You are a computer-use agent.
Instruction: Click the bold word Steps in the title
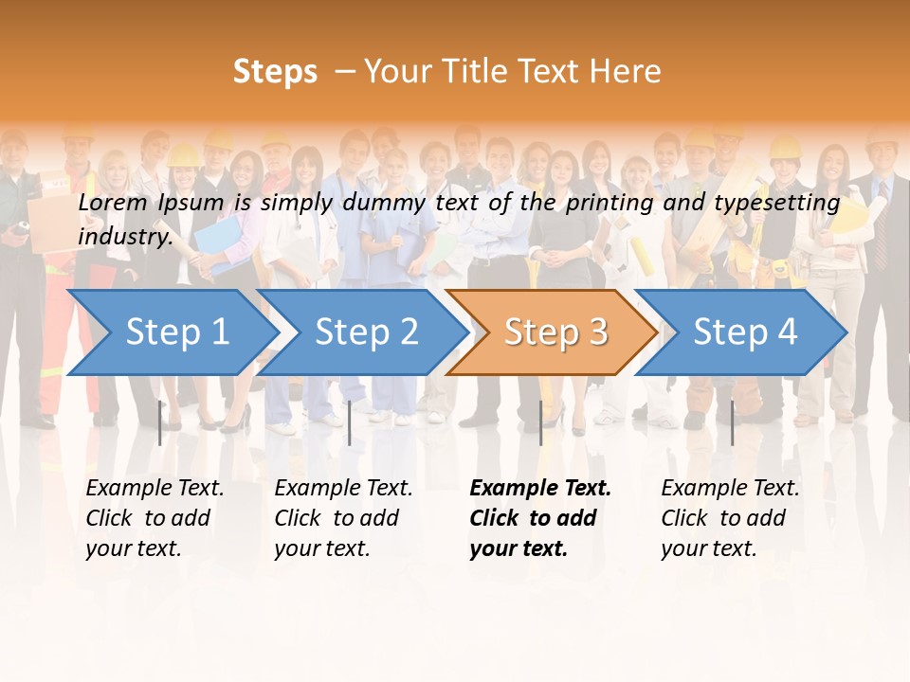275,71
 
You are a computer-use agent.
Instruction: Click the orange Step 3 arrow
555,332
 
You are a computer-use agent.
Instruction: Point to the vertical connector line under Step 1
159,422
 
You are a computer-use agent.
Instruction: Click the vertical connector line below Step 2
350,422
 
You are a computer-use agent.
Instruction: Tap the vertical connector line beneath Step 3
540,422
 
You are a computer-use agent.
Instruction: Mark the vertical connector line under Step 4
732,422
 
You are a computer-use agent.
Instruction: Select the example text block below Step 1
155,517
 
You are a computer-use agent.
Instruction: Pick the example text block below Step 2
343,517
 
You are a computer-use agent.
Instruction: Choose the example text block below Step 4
730,517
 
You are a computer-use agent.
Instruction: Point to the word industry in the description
125,236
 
